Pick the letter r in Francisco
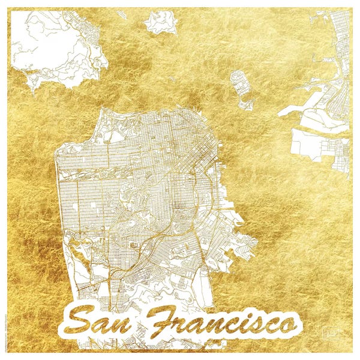180,327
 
